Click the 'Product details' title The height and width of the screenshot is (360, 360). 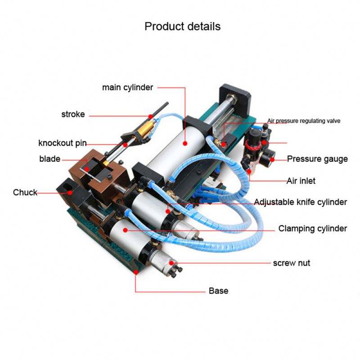point(182,26)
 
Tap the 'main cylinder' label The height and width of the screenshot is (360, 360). point(128,87)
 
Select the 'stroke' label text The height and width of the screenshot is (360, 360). point(73,114)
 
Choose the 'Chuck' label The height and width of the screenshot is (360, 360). point(25,193)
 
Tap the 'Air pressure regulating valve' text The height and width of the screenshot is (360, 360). point(304,121)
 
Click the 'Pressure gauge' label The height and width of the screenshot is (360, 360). point(317,159)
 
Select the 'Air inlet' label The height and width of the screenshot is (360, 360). point(301,181)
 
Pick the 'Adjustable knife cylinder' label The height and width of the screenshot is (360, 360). point(300,202)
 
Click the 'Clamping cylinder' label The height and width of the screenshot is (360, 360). point(312,229)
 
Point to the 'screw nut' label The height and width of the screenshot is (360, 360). point(292,262)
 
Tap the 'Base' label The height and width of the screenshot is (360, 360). point(218,291)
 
